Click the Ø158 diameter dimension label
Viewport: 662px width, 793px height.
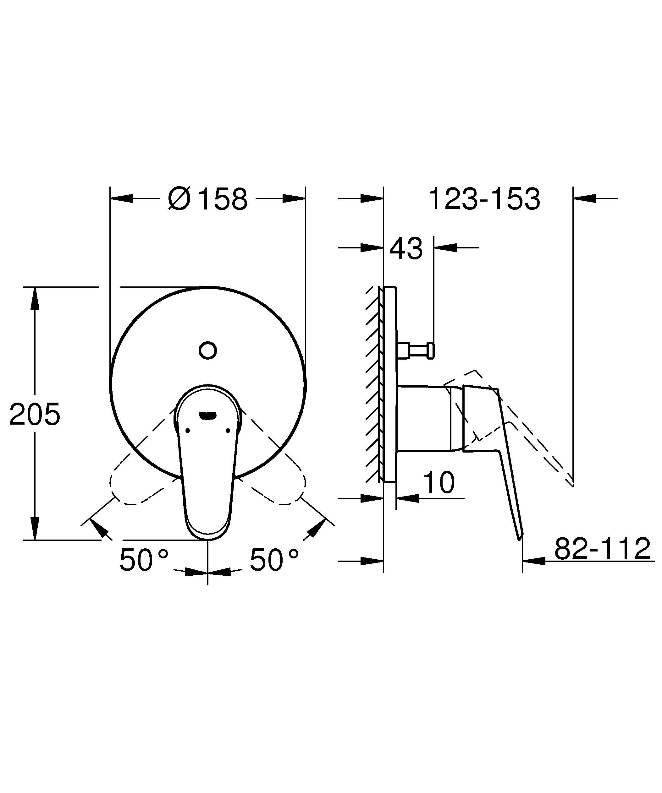(207, 199)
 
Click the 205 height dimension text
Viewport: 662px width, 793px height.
(35, 414)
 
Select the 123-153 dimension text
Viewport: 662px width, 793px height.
(484, 199)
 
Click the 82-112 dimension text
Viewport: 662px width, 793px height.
(602, 548)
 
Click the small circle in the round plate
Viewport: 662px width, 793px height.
(207, 350)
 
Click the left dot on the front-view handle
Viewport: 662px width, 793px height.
(187, 431)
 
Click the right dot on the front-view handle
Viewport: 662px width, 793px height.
(228, 431)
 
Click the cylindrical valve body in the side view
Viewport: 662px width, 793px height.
(423, 418)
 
